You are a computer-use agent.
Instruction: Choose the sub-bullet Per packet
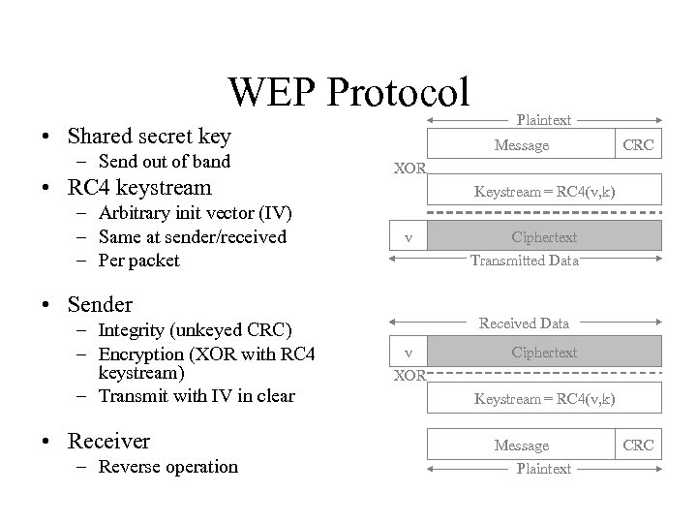(x=138, y=260)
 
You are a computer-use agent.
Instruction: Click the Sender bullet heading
(x=100, y=305)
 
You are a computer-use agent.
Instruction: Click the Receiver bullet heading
(x=108, y=442)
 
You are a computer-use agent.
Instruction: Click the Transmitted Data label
(x=524, y=260)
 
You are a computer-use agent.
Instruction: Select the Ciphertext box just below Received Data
(x=543, y=352)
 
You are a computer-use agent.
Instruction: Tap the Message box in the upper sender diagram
(x=521, y=145)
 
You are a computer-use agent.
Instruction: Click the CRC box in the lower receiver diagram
(x=638, y=446)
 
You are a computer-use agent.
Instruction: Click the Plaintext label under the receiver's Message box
(x=543, y=469)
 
